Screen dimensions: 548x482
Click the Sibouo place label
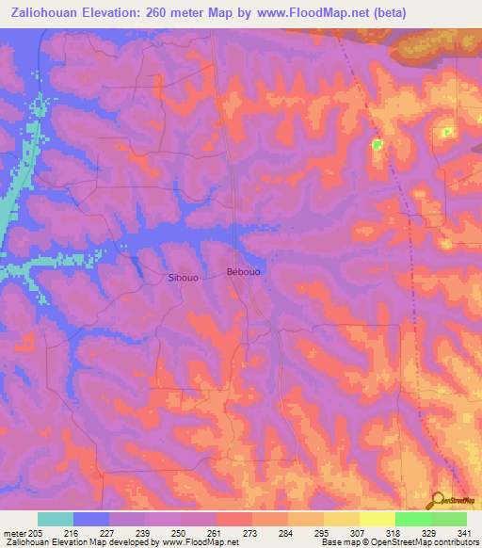coord(183,278)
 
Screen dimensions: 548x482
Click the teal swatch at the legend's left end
coord(56,519)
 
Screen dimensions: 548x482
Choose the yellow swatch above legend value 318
coord(378,519)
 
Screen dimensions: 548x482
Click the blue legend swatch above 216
coord(91,519)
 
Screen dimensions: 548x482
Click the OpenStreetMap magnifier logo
coord(439,501)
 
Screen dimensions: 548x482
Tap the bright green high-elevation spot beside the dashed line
coord(378,144)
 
